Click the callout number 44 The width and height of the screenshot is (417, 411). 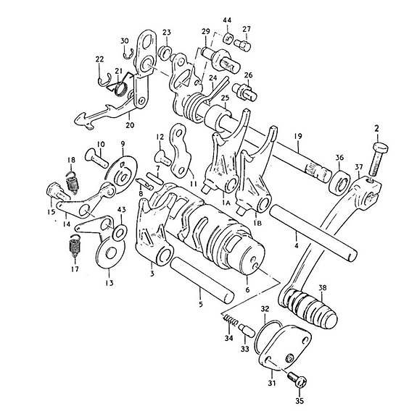[x=227, y=20]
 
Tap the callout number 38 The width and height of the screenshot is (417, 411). [x=323, y=287]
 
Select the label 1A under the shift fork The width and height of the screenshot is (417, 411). [x=226, y=203]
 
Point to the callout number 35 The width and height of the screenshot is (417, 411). [x=300, y=401]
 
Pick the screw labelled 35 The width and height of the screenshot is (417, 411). [x=297, y=378]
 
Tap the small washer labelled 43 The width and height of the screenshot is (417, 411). [x=120, y=232]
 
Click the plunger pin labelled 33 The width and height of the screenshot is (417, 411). [x=247, y=331]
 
